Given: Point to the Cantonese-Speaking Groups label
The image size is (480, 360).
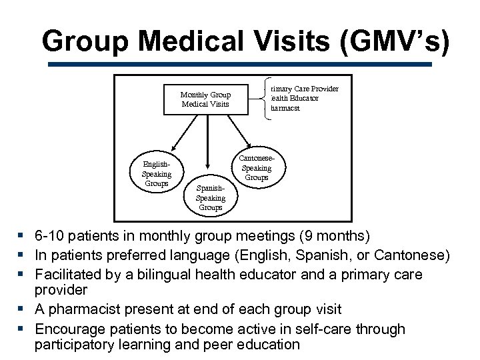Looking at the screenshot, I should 257,169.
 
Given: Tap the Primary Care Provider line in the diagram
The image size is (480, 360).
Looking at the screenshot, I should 304,89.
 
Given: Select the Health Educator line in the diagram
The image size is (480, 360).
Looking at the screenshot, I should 295,98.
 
